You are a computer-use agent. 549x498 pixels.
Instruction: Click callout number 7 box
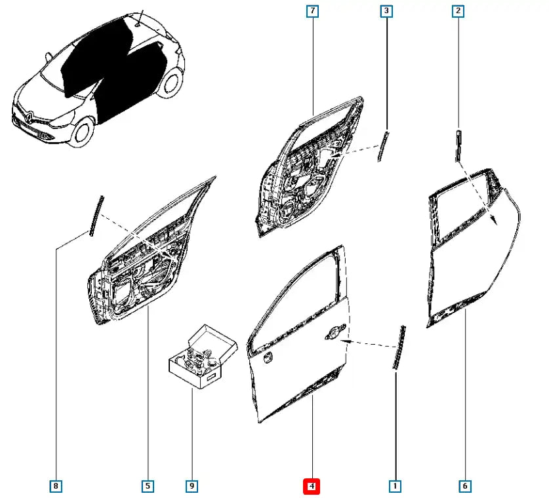coord(312,11)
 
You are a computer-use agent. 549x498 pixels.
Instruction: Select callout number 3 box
coord(386,11)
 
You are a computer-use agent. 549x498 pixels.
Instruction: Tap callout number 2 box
coord(458,11)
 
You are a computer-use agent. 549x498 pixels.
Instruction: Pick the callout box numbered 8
coord(56,486)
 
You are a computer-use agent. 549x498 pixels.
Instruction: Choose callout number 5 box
coord(148,486)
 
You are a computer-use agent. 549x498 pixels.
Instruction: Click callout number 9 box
coord(192,486)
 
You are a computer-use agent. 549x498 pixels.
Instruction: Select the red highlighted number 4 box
coord(312,486)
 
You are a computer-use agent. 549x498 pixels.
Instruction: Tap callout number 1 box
coord(396,486)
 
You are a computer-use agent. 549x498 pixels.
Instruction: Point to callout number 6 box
coord(465,486)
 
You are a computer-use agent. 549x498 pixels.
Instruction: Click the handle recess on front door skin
coord(335,332)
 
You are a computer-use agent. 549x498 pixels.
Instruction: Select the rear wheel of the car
coord(171,83)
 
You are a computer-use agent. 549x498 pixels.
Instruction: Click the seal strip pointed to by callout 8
coord(97,216)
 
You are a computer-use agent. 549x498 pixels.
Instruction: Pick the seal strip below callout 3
coord(383,147)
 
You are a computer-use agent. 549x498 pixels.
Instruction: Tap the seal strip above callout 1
coord(399,348)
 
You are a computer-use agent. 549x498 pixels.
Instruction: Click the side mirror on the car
coord(49,56)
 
